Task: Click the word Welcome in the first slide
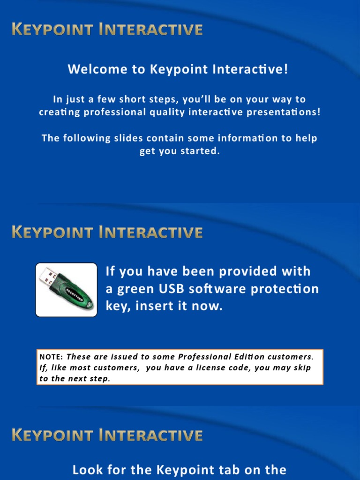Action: (97, 69)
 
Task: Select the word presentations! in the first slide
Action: (284, 112)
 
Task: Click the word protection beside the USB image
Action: (285, 289)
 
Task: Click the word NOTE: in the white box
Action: (51, 357)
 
